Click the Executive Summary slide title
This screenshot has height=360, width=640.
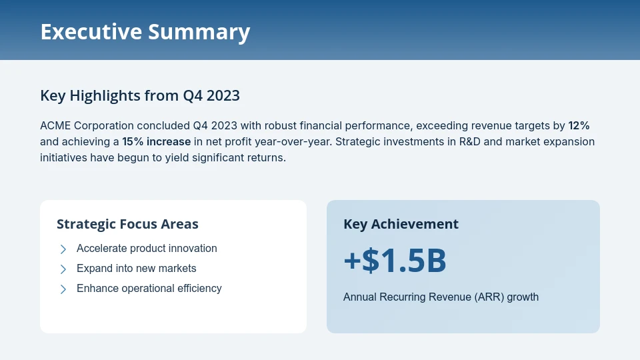(145, 32)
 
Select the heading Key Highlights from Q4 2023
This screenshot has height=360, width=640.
(140, 96)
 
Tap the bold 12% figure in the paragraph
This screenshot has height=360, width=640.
(579, 125)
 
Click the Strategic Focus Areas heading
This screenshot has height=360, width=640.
(127, 224)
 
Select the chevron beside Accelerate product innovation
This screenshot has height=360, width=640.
(63, 249)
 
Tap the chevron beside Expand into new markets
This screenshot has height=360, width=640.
(63, 269)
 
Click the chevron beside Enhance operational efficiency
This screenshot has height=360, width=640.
(63, 289)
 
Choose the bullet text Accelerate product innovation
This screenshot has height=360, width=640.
(147, 249)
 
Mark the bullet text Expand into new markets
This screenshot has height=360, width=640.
(137, 269)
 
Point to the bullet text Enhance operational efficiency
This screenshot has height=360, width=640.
(149, 289)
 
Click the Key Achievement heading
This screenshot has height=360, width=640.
(401, 224)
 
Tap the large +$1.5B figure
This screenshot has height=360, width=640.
(395, 261)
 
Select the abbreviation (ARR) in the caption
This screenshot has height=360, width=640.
(490, 297)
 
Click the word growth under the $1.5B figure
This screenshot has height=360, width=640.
(523, 297)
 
